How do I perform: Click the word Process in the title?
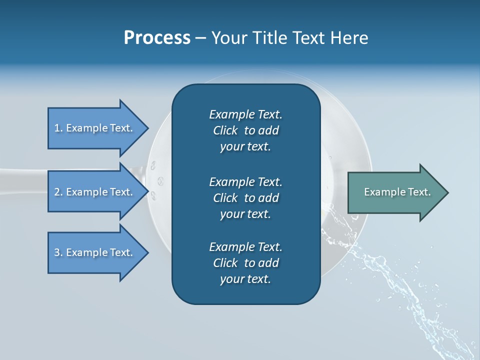pos(157,38)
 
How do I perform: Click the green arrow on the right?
pos(395,192)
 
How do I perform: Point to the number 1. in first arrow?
pos(58,128)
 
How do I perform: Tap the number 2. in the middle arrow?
pos(58,192)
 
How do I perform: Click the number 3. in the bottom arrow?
pos(58,252)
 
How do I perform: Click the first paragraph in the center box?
pos(245,130)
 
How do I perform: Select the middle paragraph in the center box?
pos(245,198)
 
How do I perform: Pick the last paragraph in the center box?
pos(245,263)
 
